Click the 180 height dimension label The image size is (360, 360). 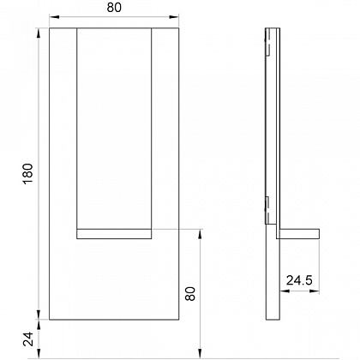coord(28,174)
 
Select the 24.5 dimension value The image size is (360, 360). coord(299,280)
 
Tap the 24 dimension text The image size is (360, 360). coord(28,339)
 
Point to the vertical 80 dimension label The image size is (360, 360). coord(190,293)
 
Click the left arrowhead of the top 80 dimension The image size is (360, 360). coord(54,17)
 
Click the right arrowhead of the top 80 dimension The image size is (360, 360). coord(174,17)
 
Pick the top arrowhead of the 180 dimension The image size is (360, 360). coord(39,33)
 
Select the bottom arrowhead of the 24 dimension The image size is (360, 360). coord(39,353)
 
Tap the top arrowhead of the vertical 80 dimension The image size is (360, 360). coord(201,234)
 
